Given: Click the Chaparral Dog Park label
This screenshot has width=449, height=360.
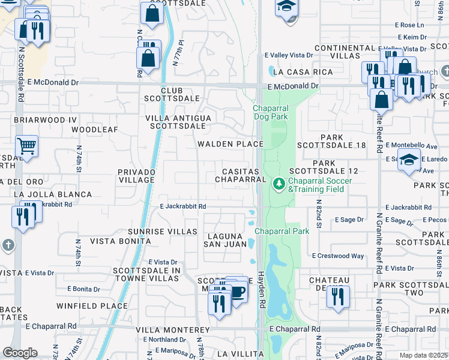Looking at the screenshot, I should [x=270, y=112].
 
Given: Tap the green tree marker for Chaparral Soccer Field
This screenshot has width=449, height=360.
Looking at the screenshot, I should [x=279, y=184].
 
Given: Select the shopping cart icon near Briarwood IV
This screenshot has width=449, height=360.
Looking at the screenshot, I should [x=26, y=146].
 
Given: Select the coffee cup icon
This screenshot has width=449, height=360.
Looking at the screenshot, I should [x=237, y=292].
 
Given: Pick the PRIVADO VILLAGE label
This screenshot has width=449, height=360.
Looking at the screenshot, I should [x=137, y=176].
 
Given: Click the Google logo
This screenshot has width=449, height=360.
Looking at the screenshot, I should [x=20, y=353].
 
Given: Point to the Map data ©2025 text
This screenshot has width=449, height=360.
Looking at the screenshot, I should [x=424, y=355].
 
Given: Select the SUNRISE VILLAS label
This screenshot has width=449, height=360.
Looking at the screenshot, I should [x=163, y=231].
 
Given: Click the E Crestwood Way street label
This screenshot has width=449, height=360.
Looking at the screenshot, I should [x=338, y=256].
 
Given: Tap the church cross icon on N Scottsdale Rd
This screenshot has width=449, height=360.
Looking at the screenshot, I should [x=7, y=245].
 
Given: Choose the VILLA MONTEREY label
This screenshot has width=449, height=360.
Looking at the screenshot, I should [x=172, y=330].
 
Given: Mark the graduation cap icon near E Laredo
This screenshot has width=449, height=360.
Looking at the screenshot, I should [x=409, y=161].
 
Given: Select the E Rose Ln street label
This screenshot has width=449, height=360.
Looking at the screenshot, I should [x=412, y=25].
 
